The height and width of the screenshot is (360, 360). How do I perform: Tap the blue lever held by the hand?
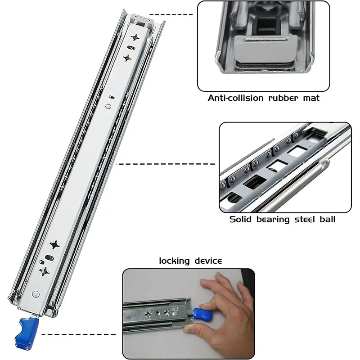tap(203, 314)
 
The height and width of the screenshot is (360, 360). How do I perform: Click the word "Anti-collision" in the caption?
tap(235, 98)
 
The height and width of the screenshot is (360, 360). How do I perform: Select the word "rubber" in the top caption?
tap(283, 98)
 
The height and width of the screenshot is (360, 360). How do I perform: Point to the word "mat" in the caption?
tap(311, 99)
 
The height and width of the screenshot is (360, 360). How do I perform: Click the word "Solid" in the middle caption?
tap(240, 219)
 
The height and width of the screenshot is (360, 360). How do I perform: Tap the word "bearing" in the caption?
tap(273, 220)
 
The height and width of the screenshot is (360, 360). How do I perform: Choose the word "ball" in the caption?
tap(328, 219)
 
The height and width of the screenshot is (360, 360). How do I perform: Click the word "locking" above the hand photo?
tap(174, 261)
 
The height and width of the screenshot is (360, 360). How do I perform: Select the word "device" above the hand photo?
tap(208, 261)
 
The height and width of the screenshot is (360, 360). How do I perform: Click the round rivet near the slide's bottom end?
tap(36, 294)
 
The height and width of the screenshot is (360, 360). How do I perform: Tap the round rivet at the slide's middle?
tap(108, 106)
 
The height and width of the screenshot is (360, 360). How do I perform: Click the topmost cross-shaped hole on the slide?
tap(135, 37)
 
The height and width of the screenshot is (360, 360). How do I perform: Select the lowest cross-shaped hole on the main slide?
tap(44, 272)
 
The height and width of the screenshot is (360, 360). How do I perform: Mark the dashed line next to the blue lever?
tap(78, 334)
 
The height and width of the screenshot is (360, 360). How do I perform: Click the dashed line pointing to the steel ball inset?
tap(166, 164)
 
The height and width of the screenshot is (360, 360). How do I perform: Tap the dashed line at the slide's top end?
tap(171, 14)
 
